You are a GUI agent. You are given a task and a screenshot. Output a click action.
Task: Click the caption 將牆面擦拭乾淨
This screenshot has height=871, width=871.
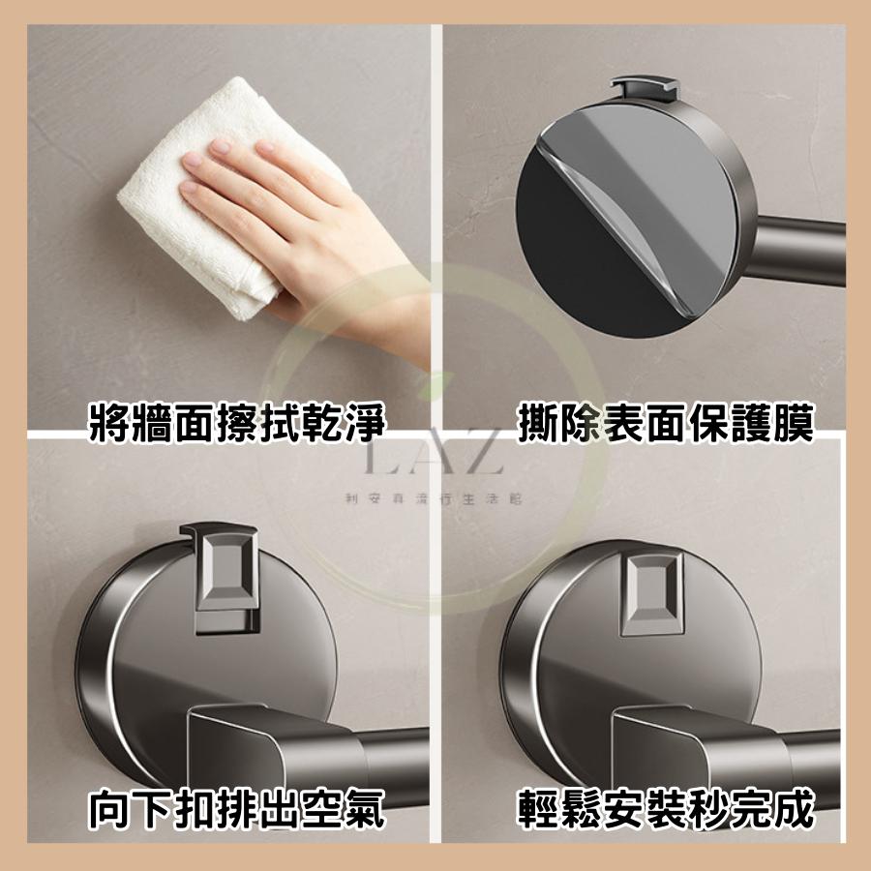coord(237,424)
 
